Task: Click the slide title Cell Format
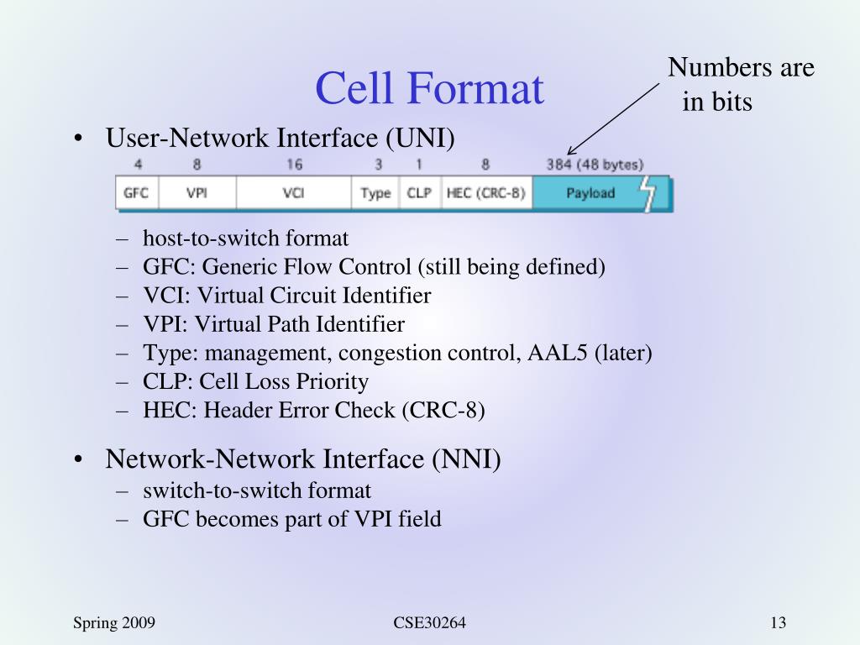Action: click(429, 88)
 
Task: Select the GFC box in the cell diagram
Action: click(136, 193)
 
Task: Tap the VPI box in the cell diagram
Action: click(197, 193)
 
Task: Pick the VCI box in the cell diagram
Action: click(293, 193)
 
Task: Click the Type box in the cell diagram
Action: click(375, 193)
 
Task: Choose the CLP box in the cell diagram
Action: click(418, 193)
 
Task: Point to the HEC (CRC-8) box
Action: click(485, 193)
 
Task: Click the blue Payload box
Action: click(590, 193)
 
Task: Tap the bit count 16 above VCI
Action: click(294, 165)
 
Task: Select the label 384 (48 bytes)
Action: click(595, 165)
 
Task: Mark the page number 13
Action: click(777, 622)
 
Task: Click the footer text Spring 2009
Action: click(113, 622)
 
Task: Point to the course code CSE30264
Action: click(429, 622)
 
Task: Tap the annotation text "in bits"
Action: click(717, 102)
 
